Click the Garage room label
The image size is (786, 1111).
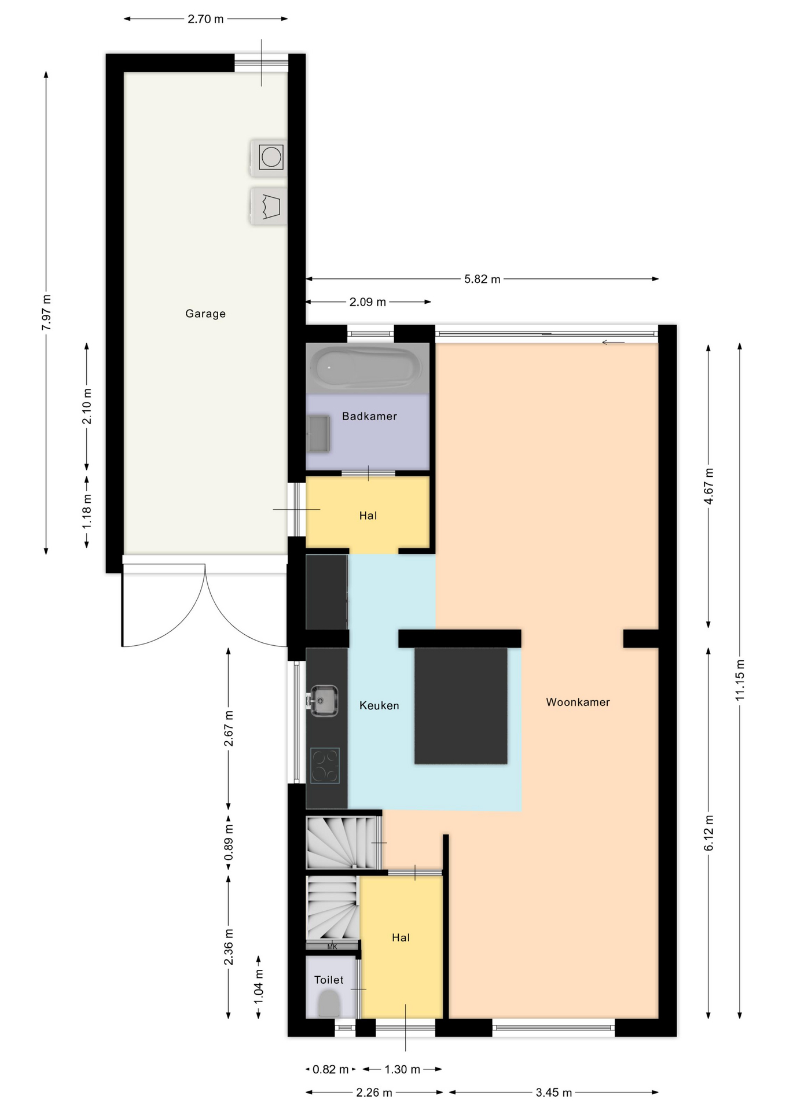(205, 314)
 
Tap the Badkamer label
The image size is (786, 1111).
(369, 416)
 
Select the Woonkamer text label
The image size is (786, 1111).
(578, 702)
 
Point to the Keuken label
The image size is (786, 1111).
(379, 705)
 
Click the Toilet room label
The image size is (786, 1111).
(329, 980)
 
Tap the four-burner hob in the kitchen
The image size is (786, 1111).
(325, 766)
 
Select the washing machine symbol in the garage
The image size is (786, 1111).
(269, 157)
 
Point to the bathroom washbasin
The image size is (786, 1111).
(318, 434)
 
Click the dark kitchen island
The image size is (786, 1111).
(461, 705)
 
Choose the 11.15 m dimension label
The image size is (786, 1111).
(740, 680)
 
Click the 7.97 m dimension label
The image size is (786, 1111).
(46, 312)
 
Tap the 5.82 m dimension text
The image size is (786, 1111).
(482, 279)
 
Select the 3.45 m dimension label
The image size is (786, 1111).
(554, 1092)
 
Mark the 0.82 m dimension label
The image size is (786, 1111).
(330, 1069)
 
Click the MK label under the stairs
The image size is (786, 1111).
(332, 947)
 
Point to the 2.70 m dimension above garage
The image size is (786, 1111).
(205, 19)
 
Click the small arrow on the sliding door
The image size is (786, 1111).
(613, 343)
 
